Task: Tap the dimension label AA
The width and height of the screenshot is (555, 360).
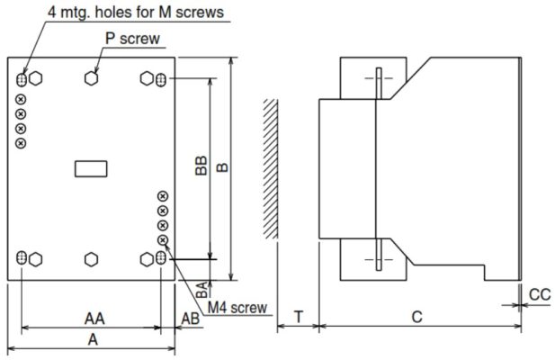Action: click(x=93, y=319)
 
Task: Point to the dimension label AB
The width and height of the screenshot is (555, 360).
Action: click(x=191, y=319)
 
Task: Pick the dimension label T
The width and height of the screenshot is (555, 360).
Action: click(x=299, y=317)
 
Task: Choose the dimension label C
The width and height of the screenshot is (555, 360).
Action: click(x=416, y=317)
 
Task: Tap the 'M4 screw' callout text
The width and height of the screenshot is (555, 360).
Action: click(x=237, y=308)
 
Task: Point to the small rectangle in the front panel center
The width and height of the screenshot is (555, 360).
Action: click(x=90, y=166)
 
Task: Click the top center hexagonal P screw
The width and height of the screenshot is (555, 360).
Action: click(x=91, y=79)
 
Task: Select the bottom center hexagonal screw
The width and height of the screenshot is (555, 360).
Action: click(x=91, y=259)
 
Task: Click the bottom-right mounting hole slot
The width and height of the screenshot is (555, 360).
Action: click(x=160, y=259)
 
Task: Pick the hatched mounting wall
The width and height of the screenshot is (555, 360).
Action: click(x=269, y=166)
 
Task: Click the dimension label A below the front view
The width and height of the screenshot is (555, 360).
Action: click(x=93, y=338)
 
